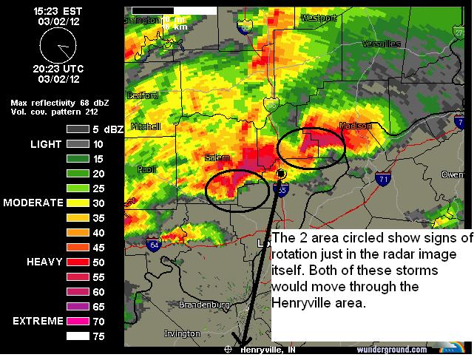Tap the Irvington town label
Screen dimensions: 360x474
[182, 333]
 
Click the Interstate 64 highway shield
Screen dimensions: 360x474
[154, 245]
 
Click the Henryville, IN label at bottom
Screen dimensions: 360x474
[267, 349]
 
